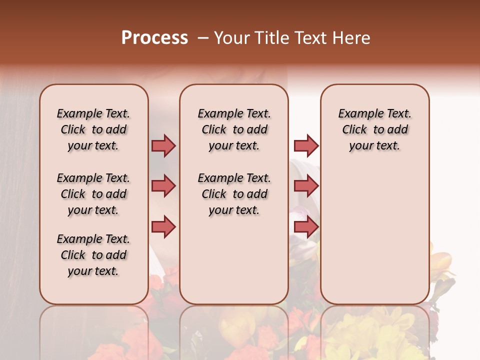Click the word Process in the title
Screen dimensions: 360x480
[x=154, y=38]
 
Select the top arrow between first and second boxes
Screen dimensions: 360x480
[x=163, y=145]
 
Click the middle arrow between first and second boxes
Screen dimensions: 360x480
[x=163, y=186]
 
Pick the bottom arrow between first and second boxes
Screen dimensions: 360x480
[x=163, y=226]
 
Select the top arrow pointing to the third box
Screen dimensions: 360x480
[x=306, y=145]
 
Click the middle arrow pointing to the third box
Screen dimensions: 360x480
[x=306, y=186]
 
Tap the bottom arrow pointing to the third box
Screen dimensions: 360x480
[x=306, y=226]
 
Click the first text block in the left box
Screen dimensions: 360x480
[x=93, y=129]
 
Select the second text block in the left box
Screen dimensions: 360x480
[x=93, y=194]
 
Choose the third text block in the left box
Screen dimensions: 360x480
[x=93, y=255]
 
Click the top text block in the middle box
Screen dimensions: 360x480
[x=234, y=129]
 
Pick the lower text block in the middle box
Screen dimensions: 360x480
[x=234, y=194]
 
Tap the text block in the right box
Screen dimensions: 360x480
[x=374, y=129]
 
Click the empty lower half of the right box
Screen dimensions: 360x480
[x=374, y=240]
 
